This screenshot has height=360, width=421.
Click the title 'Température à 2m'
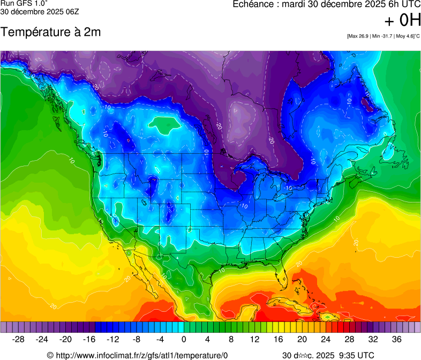[50, 32]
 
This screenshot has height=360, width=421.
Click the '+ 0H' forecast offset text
[403, 20]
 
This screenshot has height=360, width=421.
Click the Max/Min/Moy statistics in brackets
[383, 36]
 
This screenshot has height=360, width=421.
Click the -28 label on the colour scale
[19, 339]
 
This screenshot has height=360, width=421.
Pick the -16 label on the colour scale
[89, 339]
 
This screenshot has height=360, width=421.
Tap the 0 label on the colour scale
[184, 339]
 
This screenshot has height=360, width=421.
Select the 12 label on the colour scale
[254, 339]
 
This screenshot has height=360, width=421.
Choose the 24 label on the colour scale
[326, 339]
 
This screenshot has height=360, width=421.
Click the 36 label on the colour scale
[396, 339]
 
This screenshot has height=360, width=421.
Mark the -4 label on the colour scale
[160, 339]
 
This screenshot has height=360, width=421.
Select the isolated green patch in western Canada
[164, 124]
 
